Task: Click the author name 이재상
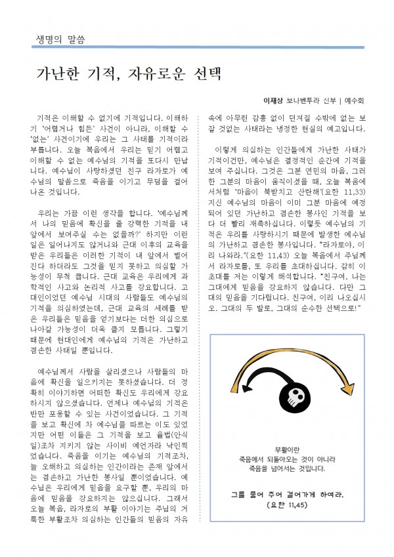tap(273, 102)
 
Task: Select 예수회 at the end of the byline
tap(355, 102)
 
